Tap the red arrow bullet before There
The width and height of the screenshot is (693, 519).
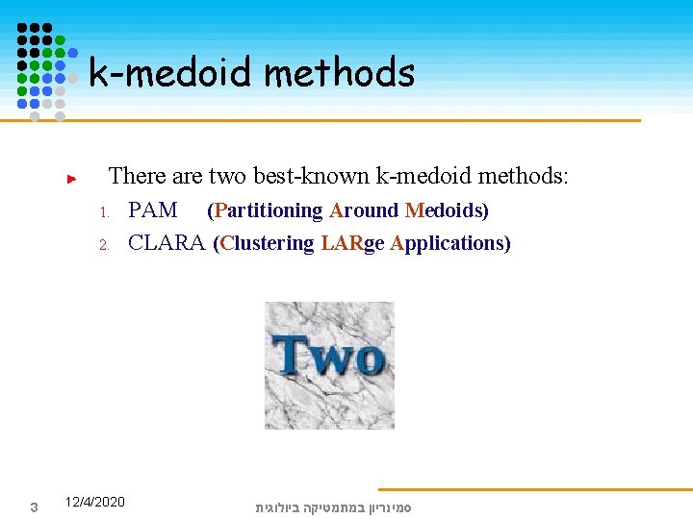click(x=70, y=179)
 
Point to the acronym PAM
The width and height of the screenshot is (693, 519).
click(x=152, y=210)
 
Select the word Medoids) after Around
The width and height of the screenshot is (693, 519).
click(x=447, y=210)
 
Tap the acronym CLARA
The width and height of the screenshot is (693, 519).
click(x=167, y=243)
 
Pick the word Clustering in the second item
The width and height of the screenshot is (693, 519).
click(x=264, y=243)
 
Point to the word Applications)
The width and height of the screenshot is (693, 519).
click(x=450, y=243)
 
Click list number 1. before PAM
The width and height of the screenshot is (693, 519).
click(x=107, y=211)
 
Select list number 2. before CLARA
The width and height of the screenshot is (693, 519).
click(x=107, y=244)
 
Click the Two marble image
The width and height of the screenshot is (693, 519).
click(x=329, y=364)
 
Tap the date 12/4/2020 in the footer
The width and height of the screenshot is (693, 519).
click(x=94, y=502)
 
